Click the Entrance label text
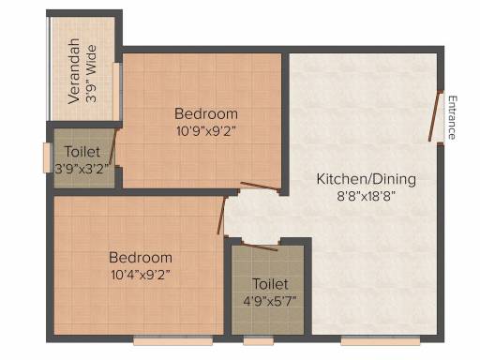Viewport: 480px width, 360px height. coord(452,117)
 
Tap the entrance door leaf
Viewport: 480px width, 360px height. coord(435,116)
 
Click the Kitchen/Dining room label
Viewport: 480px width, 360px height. coord(367,179)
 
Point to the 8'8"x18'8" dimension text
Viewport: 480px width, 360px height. coord(367,197)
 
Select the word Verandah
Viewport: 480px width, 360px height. coord(74,71)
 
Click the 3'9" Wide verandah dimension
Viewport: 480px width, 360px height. coord(91,74)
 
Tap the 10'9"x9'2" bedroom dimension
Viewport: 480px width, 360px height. coord(205,131)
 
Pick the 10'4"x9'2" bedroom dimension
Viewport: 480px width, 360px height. coord(141,275)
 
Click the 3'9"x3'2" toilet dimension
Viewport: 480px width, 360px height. coord(82,169)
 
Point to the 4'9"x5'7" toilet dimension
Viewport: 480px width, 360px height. coord(270,301)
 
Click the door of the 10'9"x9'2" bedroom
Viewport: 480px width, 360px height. coord(259,186)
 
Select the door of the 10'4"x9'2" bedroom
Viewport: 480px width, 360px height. coord(221,216)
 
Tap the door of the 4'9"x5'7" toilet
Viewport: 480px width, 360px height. coord(259,247)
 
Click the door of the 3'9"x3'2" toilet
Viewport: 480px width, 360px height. coord(112,147)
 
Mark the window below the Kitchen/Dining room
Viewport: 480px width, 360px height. coord(381,340)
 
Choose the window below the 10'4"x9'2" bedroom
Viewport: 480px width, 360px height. coord(173,340)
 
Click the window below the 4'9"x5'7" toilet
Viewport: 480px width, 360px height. coord(259,340)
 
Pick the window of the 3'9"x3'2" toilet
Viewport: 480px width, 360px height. coord(47,157)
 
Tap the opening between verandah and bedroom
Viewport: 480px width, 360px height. coord(116,92)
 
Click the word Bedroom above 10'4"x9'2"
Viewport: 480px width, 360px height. coord(141,258)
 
